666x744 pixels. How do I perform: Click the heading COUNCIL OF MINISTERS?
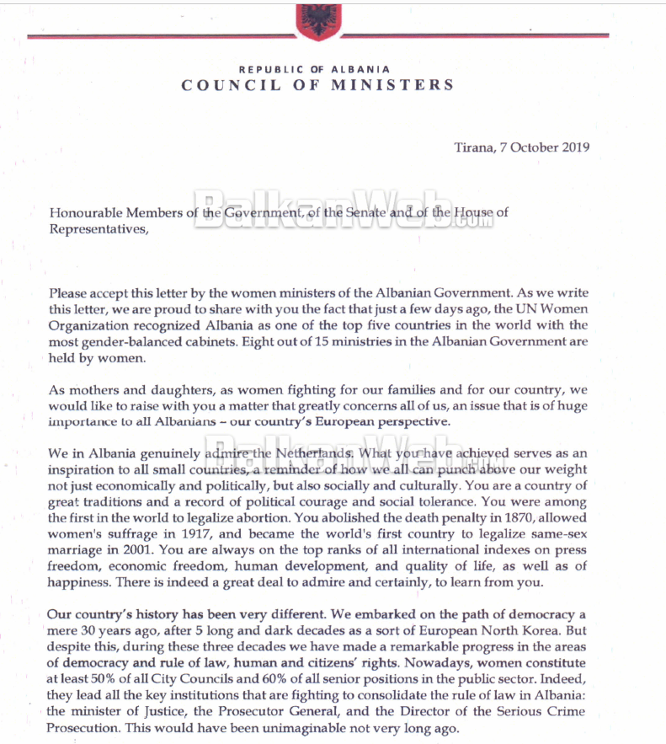point(318,85)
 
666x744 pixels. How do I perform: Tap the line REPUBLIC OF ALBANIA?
point(314,68)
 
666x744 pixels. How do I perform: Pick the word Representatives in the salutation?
point(96,228)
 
